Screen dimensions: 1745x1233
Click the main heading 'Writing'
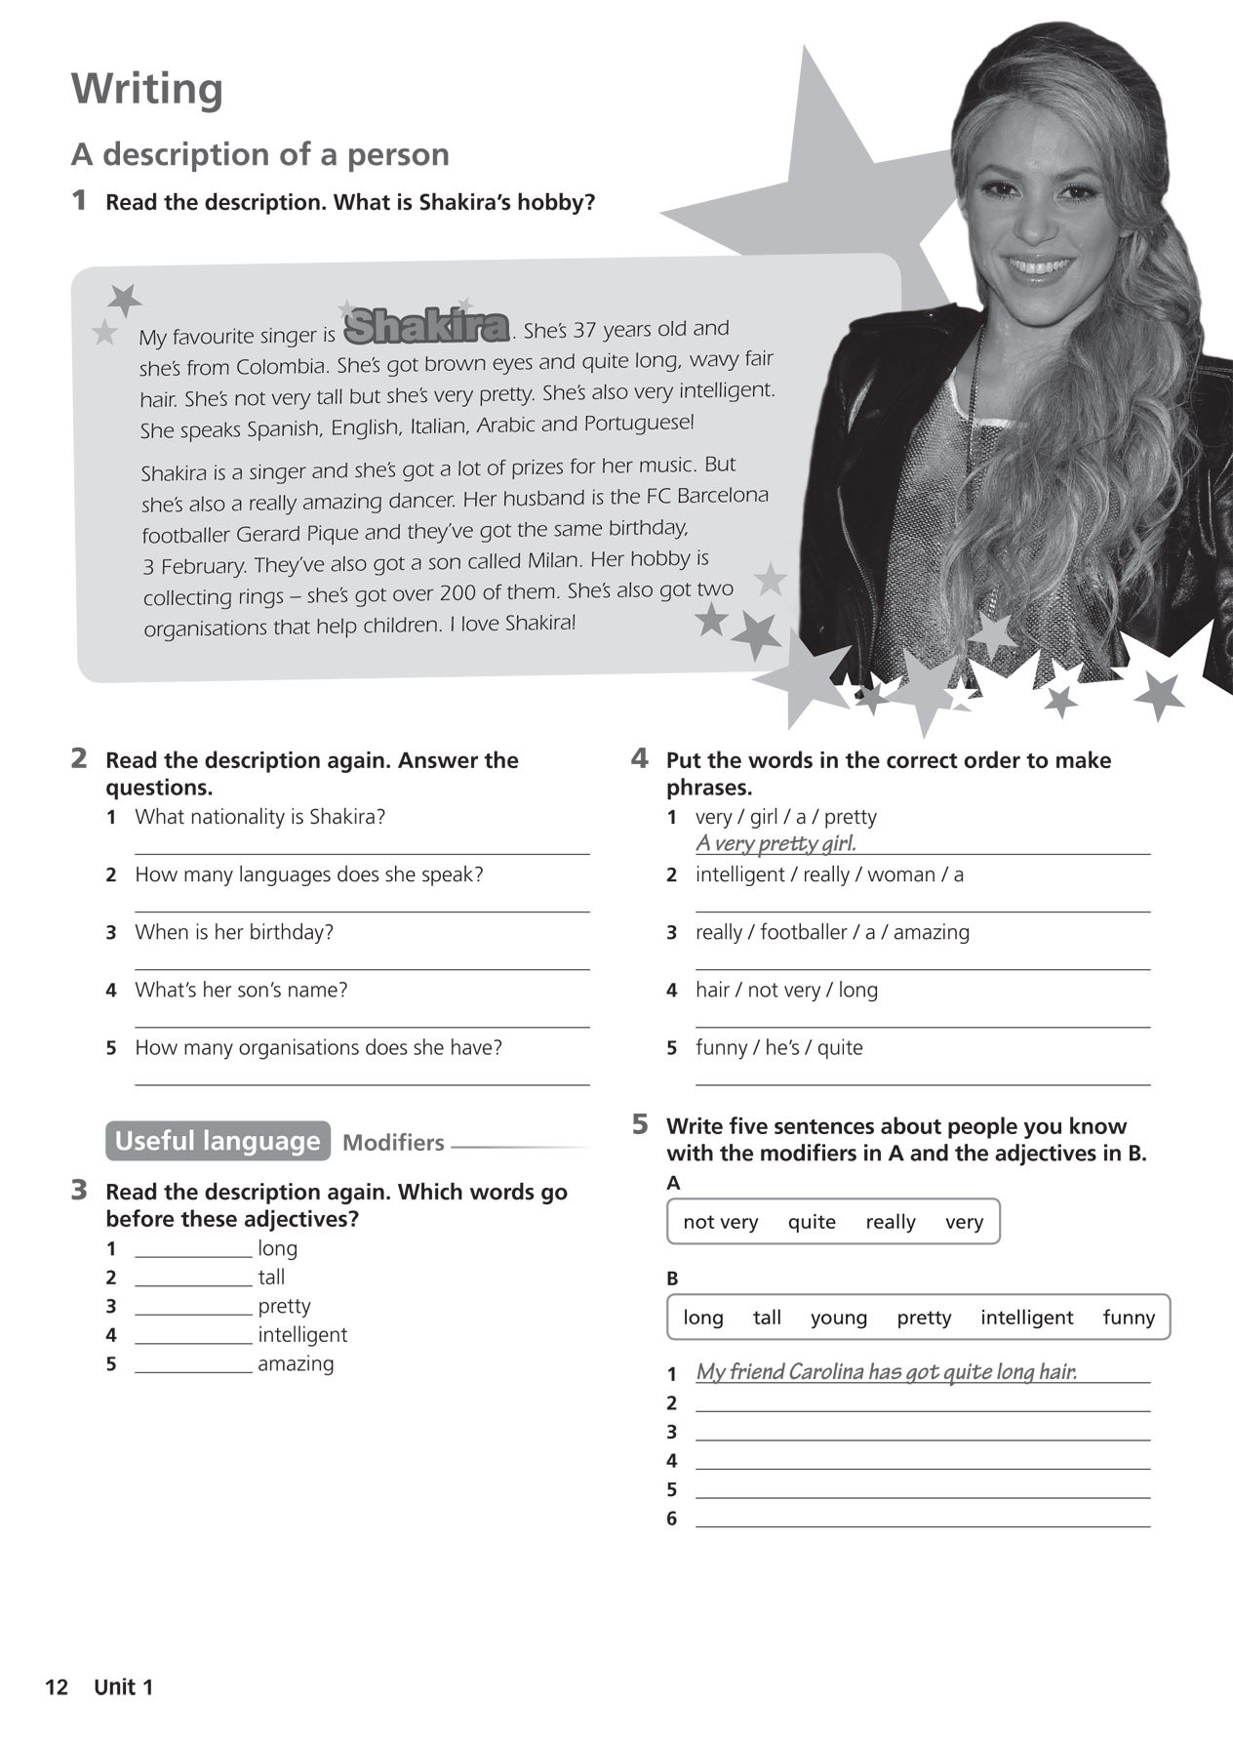(147, 89)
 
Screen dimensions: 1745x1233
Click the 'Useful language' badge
(217, 1141)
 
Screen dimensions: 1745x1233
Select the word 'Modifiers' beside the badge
(393, 1143)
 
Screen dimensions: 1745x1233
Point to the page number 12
(57, 1686)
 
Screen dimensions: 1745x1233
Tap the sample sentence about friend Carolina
(886, 1372)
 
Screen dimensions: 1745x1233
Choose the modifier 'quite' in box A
(812, 1222)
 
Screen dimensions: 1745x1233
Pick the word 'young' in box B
(838, 1318)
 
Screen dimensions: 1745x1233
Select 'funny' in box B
(1129, 1318)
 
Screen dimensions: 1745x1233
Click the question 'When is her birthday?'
(234, 932)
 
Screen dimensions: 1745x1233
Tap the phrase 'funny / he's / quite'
(778, 1047)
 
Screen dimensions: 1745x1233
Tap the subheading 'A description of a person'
(260, 154)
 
